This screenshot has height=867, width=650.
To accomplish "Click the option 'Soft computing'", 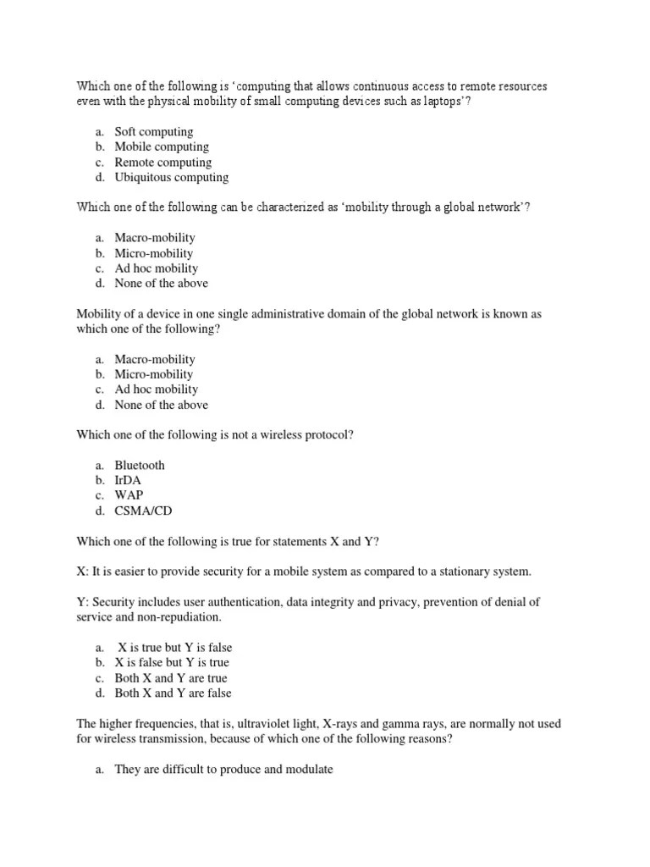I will (x=153, y=131).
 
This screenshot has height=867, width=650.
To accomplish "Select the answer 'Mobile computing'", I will (x=162, y=146).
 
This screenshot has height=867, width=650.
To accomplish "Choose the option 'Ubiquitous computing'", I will (x=171, y=177).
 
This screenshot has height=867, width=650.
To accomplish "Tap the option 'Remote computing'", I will (x=162, y=162).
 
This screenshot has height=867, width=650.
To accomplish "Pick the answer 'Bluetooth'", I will (x=140, y=465).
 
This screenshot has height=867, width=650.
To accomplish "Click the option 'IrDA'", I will (x=128, y=480).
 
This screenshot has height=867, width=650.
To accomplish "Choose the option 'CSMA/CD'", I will (x=143, y=511).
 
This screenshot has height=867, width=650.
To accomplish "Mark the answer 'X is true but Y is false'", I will (x=174, y=647).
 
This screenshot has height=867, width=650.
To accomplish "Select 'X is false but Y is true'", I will (x=172, y=662).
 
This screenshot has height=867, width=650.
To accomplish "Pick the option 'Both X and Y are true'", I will (x=171, y=677).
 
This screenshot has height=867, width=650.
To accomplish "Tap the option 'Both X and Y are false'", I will (x=173, y=693).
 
